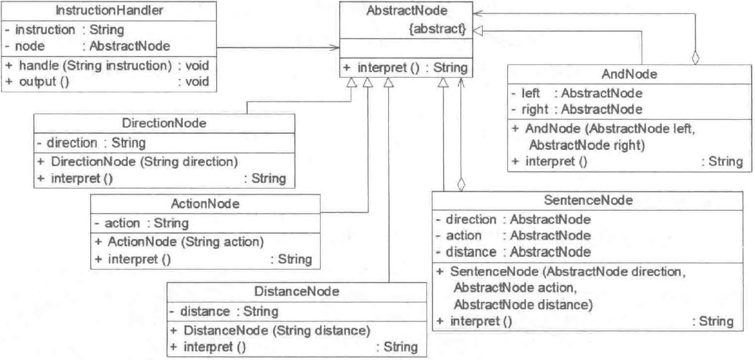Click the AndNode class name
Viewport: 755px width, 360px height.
click(625, 76)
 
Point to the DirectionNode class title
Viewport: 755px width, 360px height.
click(164, 123)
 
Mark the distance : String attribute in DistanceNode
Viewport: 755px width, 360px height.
click(223, 310)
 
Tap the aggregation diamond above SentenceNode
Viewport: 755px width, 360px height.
click(460, 183)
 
